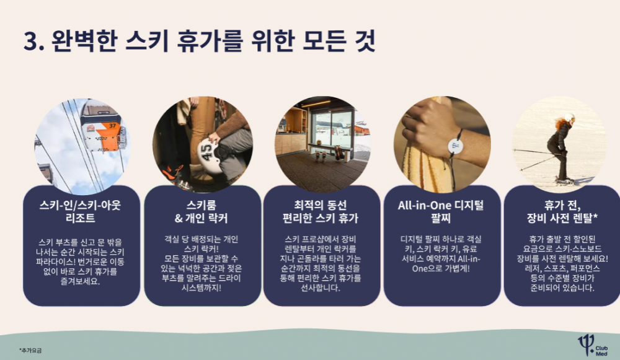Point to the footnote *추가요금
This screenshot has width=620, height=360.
pos(30,350)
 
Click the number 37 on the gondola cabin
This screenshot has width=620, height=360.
pos(113,126)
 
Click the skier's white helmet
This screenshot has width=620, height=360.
pos(569,117)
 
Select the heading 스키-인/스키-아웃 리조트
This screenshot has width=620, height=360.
pos(80,211)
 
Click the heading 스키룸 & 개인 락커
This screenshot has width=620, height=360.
pos(201,211)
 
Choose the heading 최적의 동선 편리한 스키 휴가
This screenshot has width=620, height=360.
pos(321,211)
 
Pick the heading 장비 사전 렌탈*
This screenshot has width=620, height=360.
pos(562,218)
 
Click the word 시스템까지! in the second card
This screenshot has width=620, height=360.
pos(201,288)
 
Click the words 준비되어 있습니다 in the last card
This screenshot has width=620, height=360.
pos(562,288)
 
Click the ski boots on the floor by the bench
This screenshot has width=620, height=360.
pos(321,157)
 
